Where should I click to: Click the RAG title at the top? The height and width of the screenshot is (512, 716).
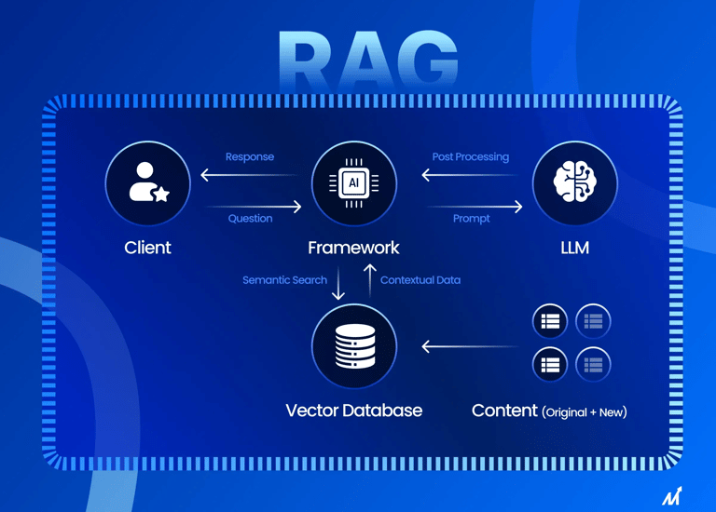click(x=368, y=61)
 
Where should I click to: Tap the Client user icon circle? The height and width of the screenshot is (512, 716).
click(x=147, y=183)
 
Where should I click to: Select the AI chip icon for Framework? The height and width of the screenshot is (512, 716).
click(x=353, y=183)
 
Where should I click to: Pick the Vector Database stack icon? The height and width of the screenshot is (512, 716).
click(x=353, y=345)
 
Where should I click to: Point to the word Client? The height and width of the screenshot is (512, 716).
click(x=147, y=248)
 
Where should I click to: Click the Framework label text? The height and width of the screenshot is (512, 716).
click(x=353, y=248)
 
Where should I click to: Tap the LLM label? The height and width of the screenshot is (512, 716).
click(x=574, y=248)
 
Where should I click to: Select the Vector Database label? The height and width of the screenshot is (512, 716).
click(x=353, y=411)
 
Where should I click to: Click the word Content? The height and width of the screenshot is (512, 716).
click(x=504, y=411)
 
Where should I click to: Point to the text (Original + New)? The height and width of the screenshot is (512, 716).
click(x=585, y=411)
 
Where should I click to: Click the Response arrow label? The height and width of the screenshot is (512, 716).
click(x=250, y=157)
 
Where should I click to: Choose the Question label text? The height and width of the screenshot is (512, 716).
click(x=250, y=219)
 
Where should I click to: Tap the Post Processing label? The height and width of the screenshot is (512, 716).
click(x=471, y=157)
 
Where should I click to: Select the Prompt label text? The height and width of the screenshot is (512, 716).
click(x=471, y=219)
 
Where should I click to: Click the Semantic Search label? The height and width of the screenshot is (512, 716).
click(x=284, y=280)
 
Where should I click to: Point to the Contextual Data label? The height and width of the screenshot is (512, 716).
click(x=420, y=280)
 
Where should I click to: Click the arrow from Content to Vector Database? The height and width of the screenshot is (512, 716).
click(x=469, y=346)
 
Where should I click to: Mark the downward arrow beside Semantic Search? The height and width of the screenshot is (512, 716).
click(x=338, y=282)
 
